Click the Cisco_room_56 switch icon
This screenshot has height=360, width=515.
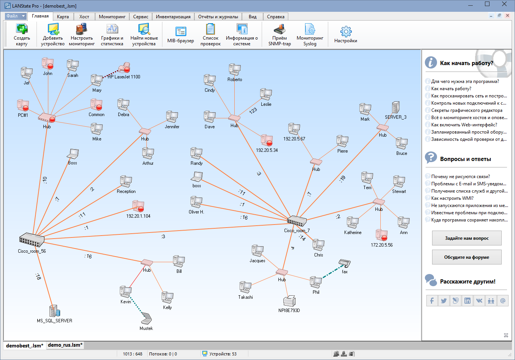[32, 239]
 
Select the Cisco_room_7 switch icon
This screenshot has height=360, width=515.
[297, 221]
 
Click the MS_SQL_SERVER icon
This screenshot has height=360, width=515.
[54, 311]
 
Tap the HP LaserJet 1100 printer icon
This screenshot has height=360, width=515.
[124, 68]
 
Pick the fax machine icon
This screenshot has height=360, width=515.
[344, 263]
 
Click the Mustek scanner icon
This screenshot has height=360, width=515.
[146, 319]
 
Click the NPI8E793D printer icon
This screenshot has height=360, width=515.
[289, 301]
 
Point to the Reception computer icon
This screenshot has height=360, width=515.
[126, 182]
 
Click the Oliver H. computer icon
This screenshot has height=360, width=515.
[196, 202]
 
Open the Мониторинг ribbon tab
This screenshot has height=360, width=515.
[112, 16]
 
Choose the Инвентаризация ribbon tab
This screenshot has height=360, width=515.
[173, 16]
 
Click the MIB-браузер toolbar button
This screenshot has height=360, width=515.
[181, 35]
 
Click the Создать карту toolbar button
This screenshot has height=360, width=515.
[22, 35]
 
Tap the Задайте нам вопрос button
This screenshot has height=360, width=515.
[467, 238]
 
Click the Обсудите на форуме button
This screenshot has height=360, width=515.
[467, 257]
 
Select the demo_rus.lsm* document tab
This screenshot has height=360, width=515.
[65, 345]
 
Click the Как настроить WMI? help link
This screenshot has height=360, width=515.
[452, 198]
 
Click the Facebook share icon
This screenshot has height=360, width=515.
[432, 301]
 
